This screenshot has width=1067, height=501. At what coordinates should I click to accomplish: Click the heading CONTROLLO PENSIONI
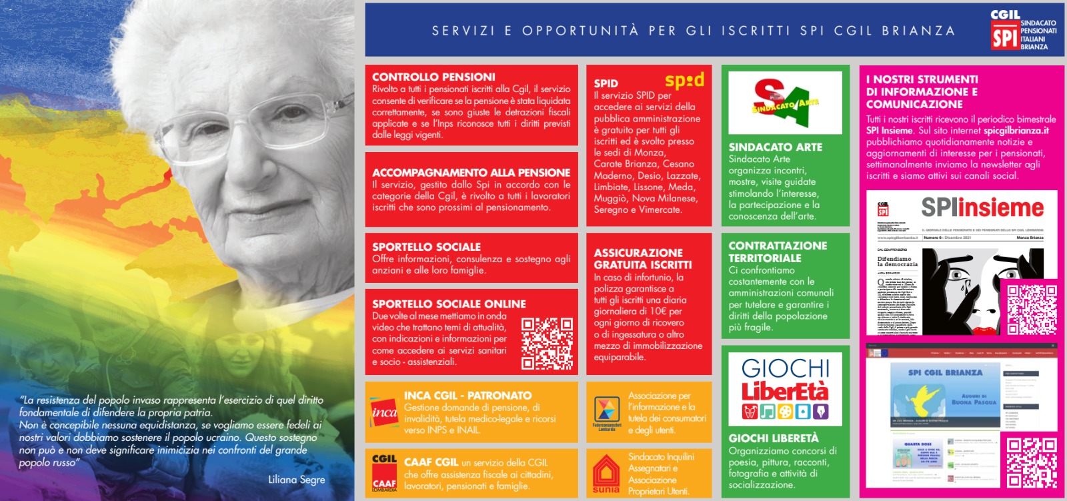(433, 77)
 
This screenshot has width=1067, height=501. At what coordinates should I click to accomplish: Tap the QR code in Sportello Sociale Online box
(547, 343)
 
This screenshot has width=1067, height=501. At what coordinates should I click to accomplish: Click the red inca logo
(384, 412)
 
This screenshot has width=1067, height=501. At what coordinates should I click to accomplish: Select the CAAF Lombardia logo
(384, 472)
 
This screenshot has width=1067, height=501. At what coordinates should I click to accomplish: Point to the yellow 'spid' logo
(684, 81)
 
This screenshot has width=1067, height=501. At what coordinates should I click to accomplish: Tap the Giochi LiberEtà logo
(785, 388)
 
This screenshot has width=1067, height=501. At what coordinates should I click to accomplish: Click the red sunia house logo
(606, 474)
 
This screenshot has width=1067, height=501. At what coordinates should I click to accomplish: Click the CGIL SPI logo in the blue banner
(1004, 30)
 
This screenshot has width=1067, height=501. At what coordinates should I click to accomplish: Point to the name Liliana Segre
(296, 480)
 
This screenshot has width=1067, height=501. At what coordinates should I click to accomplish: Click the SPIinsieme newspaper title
(982, 207)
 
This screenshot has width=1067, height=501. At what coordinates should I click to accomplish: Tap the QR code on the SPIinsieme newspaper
(1031, 308)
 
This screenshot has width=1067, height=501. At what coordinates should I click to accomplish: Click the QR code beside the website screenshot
(1031, 462)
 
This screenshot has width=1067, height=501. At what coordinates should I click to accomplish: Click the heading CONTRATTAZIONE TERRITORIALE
(778, 252)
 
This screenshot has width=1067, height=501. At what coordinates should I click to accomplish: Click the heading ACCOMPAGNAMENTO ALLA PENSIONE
(471, 173)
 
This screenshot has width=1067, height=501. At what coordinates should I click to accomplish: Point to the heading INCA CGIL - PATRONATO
(467, 396)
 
